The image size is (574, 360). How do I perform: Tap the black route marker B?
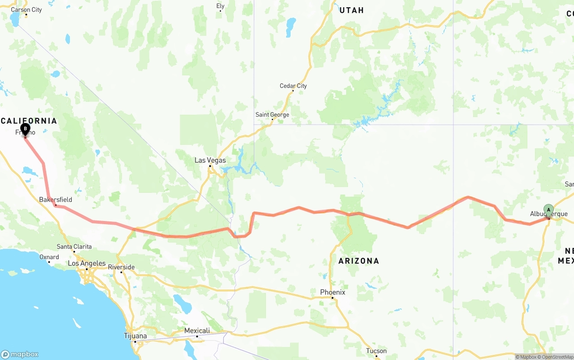tap(26, 129)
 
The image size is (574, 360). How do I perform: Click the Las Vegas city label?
tap(210, 160)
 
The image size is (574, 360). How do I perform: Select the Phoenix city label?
tap(332, 292)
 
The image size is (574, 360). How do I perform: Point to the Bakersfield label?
tap(56, 200)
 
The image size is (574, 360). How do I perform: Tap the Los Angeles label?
tap(87, 263)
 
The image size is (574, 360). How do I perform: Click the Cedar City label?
tap(293, 86)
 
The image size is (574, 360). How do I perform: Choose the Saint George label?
tap(272, 114)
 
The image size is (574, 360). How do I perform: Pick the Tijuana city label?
tap(135, 336)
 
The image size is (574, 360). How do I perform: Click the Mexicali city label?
tap(197, 331)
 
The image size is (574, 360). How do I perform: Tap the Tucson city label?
tap(376, 351)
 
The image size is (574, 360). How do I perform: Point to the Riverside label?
tap(121, 267)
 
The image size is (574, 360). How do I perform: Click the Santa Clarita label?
tap(74, 247)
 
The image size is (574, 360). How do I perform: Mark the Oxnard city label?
tap(49, 257)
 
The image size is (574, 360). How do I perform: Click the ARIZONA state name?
tap(359, 260)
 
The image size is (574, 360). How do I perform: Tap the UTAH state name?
tap(352, 10)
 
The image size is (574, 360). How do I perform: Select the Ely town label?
tap(220, 6)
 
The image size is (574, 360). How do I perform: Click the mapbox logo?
tap(20, 354)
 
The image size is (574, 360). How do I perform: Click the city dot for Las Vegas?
tap(210, 167)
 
